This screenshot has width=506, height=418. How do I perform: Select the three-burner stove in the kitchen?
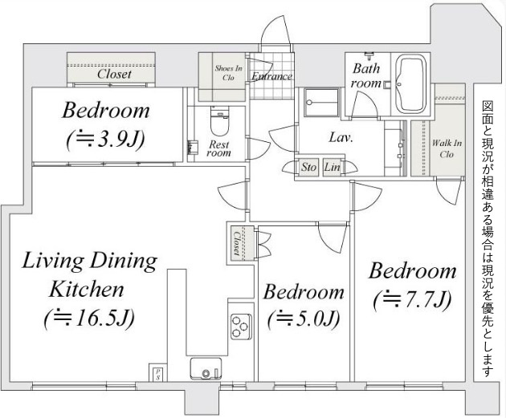click(241, 327)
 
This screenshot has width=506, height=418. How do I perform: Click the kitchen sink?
click(206, 369)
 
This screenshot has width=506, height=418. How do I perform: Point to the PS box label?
click(157, 374)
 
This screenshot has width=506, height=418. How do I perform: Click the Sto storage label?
click(309, 167)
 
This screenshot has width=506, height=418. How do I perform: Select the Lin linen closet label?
click(332, 167)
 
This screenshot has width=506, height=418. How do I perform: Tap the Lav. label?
click(341, 138)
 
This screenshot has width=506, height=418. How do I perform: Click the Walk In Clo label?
click(447, 148)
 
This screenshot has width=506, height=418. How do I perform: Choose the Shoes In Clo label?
click(228, 73)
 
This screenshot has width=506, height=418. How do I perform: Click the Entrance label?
click(271, 76)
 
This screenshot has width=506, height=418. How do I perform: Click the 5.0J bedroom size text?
click(304, 319)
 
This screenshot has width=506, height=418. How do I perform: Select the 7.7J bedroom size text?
click(412, 300)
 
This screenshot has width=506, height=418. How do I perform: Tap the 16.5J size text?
click(88, 319)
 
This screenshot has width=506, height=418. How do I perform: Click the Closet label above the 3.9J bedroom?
click(114, 74)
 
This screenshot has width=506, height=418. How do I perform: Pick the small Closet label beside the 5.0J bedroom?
click(237, 242)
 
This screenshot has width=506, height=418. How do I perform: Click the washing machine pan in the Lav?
click(321, 103)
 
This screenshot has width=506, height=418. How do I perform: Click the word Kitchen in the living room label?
click(87, 290)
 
